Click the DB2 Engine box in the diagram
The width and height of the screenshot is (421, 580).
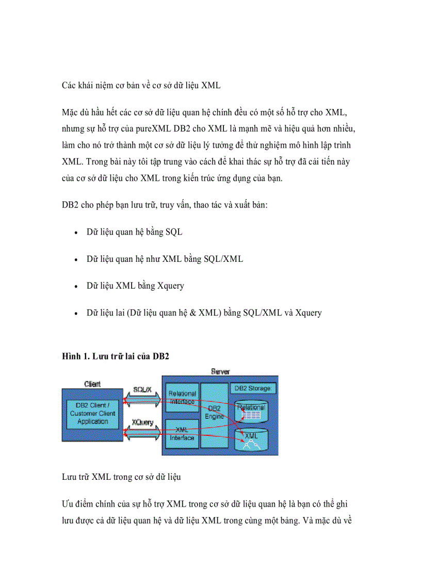[214, 415]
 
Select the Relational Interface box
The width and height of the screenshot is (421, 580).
[182, 397]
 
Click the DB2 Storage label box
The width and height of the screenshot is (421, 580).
[255, 388]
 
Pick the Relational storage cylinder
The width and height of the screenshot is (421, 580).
[251, 410]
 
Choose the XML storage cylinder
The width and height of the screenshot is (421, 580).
[251, 437]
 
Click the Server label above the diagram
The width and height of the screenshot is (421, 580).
[221, 371]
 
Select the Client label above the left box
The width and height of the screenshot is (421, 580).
[92, 384]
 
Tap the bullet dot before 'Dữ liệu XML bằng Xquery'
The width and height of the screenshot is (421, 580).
[76, 286]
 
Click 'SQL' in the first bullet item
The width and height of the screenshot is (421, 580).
[174, 232]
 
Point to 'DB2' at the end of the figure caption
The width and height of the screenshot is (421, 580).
[161, 356]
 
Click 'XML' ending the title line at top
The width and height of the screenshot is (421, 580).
[211, 85]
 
